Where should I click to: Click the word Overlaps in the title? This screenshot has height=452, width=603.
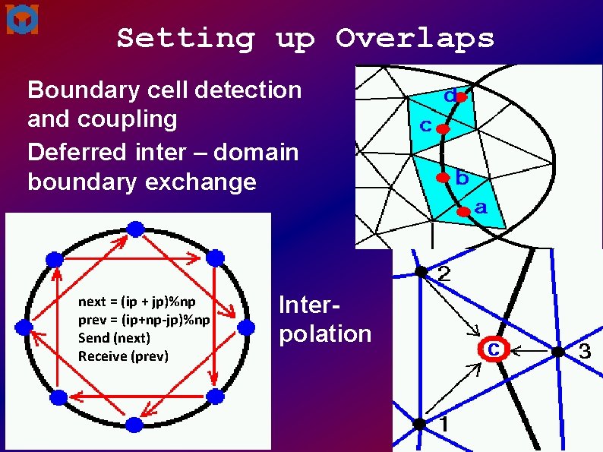click(x=415, y=38)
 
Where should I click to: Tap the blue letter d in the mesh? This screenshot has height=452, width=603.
click(x=450, y=98)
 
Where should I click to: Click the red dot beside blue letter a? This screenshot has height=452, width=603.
click(x=464, y=213)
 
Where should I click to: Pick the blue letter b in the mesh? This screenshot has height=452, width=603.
click(x=462, y=180)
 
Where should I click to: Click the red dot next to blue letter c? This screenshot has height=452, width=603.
click(x=443, y=130)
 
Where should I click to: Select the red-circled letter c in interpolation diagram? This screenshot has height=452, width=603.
click(x=493, y=349)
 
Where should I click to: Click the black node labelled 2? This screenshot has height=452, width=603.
click(x=419, y=271)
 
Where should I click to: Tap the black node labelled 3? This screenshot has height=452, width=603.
click(x=558, y=351)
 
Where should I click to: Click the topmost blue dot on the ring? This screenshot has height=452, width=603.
click(x=135, y=228)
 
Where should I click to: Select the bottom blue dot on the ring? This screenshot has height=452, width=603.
click(x=134, y=425)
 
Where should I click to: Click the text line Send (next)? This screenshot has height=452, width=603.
click(x=114, y=338)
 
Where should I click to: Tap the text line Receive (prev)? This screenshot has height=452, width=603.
click(x=123, y=356)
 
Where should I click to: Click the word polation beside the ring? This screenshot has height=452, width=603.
click(x=325, y=334)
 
